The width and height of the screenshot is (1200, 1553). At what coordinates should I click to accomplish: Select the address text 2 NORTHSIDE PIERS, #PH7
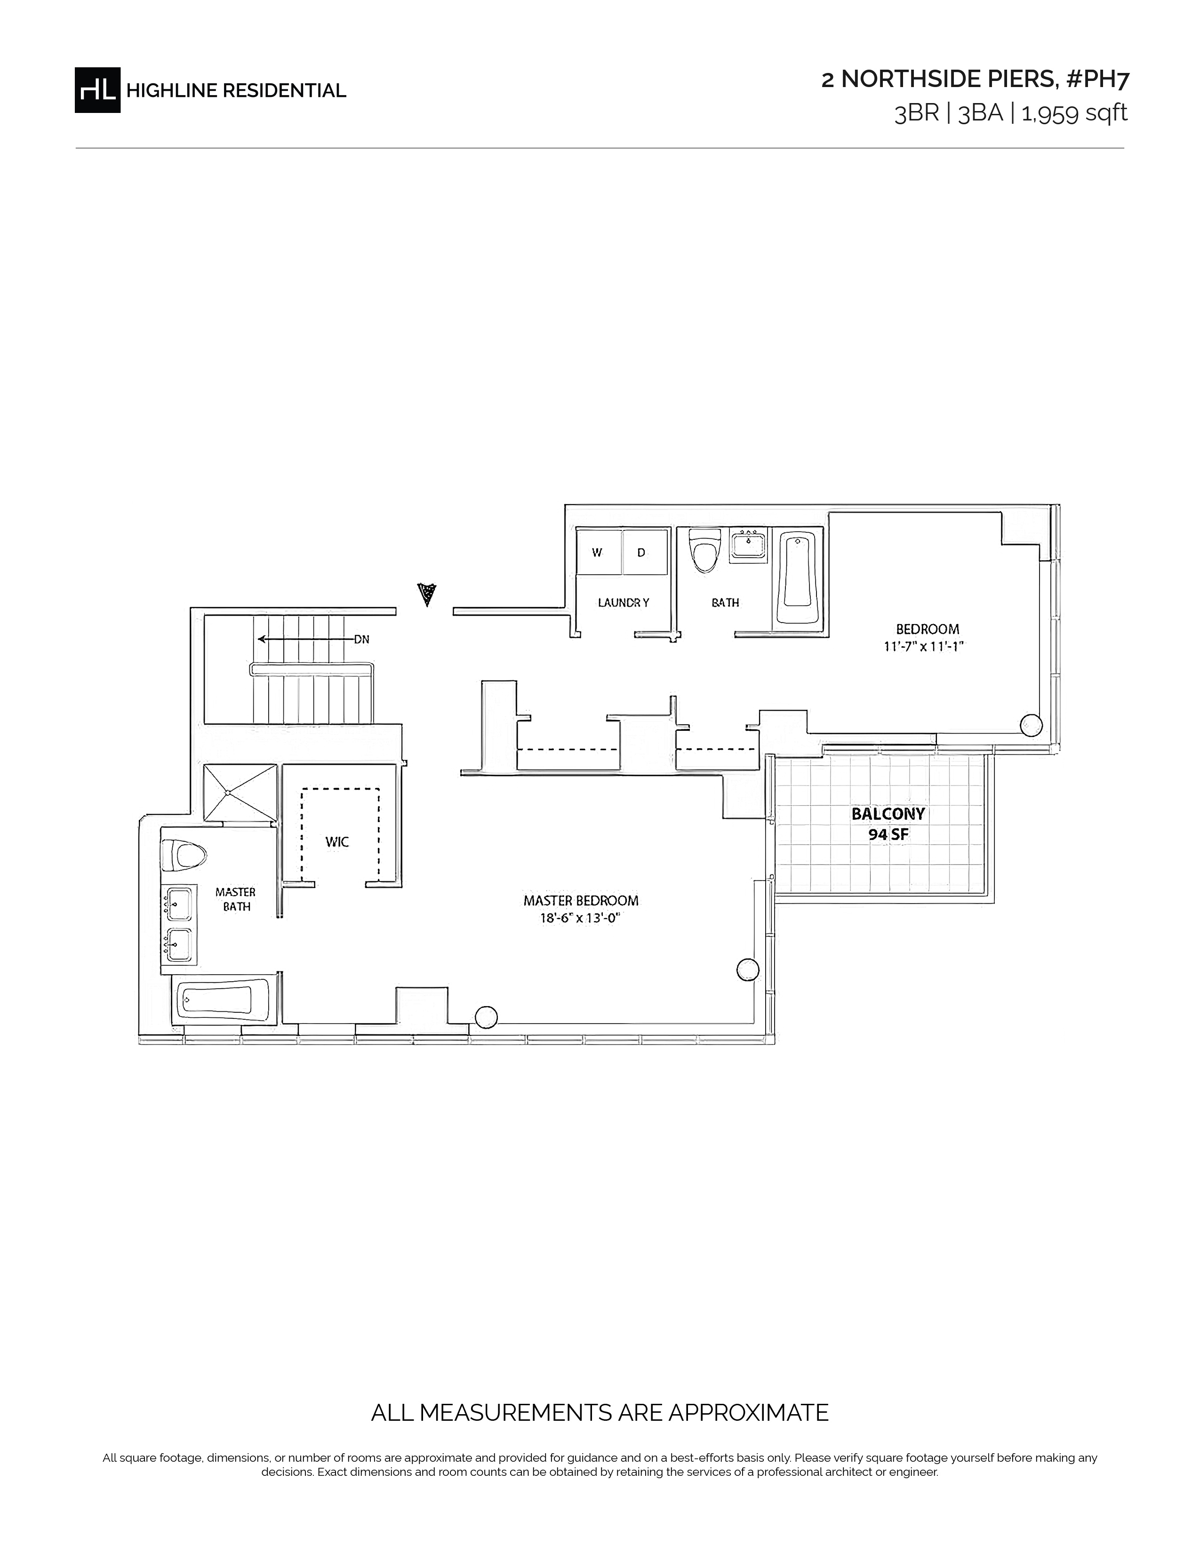975,80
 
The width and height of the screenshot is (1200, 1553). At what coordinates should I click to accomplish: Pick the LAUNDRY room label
624,602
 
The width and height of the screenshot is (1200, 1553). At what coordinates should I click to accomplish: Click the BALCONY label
888,814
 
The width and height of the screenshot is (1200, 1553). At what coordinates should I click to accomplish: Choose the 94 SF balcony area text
888,835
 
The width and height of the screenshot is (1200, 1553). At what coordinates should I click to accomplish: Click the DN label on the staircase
362,639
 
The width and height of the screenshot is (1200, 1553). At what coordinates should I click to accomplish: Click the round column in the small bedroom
1031,725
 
